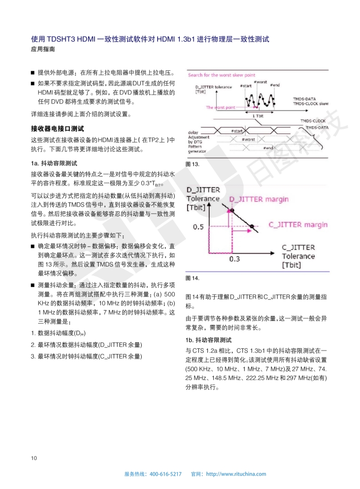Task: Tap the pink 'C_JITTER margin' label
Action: [x=298, y=225]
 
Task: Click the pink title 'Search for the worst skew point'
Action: [x=222, y=75]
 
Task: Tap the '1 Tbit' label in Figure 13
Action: [x=258, y=116]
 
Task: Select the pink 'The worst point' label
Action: [x=220, y=108]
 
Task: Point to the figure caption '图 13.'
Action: [x=192, y=164]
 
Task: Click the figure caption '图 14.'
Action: [x=192, y=278]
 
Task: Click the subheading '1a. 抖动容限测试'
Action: [x=54, y=163]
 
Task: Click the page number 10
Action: [x=34, y=458]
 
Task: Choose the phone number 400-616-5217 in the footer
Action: [x=165, y=474]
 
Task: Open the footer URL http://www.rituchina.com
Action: [x=236, y=474]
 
